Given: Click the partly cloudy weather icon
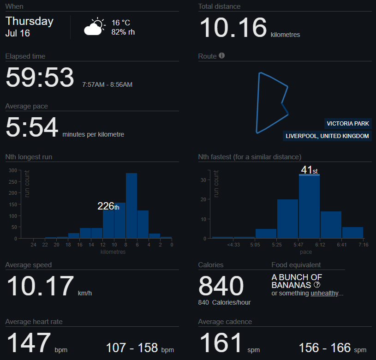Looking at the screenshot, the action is click(x=95, y=27).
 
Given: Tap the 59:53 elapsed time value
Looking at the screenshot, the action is click(x=40, y=77).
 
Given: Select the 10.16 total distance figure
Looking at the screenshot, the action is click(x=233, y=28).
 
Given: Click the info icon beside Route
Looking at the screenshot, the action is click(x=222, y=56).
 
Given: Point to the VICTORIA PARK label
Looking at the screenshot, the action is click(x=348, y=124).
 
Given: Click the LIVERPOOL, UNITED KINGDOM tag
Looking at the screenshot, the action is click(x=327, y=136).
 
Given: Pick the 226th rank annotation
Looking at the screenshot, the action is click(x=108, y=206).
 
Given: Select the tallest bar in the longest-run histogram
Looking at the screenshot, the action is click(x=131, y=205).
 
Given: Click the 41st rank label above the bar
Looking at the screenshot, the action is click(x=310, y=170).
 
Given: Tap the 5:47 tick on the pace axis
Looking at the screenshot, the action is click(x=298, y=245).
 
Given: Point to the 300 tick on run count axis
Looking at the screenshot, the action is click(x=13, y=170).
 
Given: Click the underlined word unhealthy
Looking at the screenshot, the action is click(x=324, y=293).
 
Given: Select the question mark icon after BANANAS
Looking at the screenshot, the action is click(x=317, y=285).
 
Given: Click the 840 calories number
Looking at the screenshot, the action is click(x=221, y=286).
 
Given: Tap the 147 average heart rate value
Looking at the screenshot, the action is click(x=29, y=342).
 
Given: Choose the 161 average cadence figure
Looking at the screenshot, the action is click(x=221, y=342).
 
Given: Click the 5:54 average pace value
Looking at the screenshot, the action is click(x=32, y=127).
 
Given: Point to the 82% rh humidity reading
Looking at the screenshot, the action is click(x=123, y=32).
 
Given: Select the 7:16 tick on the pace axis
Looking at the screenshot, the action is click(x=363, y=245).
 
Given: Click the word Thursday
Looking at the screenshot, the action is click(x=30, y=21).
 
